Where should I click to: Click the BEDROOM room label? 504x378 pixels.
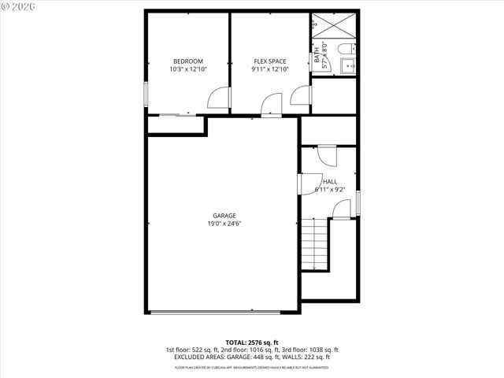[x=187, y=61]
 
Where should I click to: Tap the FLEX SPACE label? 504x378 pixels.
[x=269, y=61]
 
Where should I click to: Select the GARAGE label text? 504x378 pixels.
[x=224, y=216]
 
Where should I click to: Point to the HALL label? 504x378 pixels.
[x=329, y=182]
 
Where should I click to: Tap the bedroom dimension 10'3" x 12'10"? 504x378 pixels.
[x=187, y=69]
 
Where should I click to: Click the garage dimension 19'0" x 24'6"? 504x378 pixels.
[x=224, y=224]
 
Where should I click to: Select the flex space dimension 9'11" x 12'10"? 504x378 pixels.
[x=269, y=69]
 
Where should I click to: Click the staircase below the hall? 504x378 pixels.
[x=315, y=244]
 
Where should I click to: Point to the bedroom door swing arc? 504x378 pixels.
[x=215, y=98]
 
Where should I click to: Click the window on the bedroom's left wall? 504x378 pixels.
[x=146, y=94]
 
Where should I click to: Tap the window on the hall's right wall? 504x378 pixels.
[x=358, y=202]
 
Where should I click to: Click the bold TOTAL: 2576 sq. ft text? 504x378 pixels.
[x=251, y=341]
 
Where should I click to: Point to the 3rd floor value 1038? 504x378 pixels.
[x=323, y=349]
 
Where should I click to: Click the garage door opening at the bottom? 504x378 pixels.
[x=224, y=312]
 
